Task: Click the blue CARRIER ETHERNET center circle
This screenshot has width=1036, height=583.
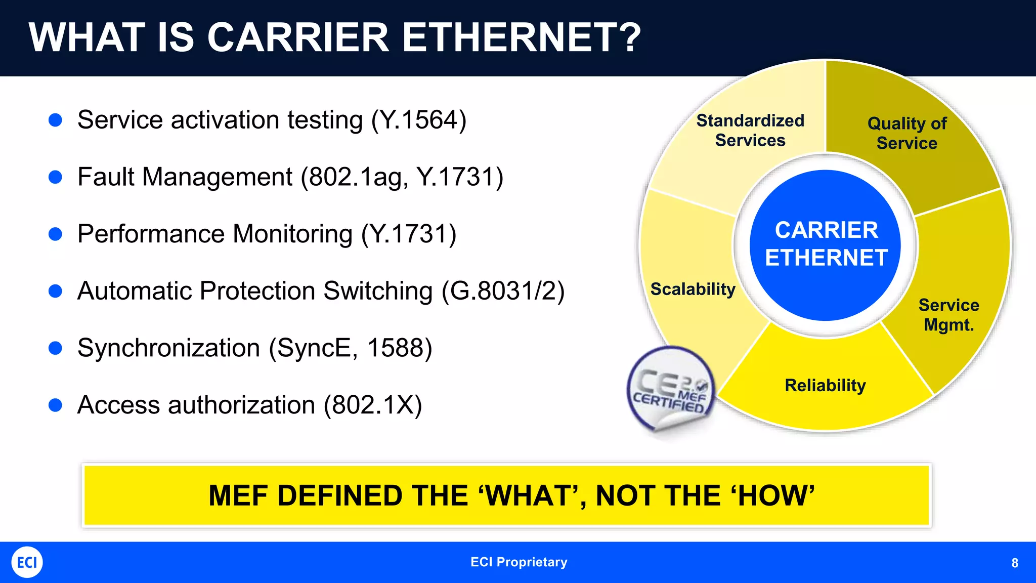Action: (x=826, y=245)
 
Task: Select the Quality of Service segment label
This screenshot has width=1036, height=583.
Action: (x=906, y=133)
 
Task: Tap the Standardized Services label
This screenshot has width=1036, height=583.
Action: (x=750, y=131)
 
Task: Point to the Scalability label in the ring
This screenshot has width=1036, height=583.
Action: (x=693, y=289)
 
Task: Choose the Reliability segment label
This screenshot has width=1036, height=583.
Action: (x=825, y=386)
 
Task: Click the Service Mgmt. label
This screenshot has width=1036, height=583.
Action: (x=948, y=315)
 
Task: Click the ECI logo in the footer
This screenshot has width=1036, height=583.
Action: (x=27, y=562)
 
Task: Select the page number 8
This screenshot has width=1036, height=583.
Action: (x=1014, y=563)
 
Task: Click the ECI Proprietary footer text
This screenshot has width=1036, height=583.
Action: (x=519, y=562)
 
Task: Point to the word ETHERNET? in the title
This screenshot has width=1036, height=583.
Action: (x=521, y=38)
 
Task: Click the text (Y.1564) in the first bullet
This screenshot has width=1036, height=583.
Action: (x=419, y=120)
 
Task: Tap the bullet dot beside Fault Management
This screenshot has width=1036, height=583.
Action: (x=55, y=177)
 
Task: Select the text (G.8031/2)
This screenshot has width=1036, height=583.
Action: (x=503, y=291)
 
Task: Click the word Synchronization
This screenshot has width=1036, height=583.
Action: (x=168, y=348)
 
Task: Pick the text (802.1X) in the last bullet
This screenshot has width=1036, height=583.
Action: (x=373, y=405)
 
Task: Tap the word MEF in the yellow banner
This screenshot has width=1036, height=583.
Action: (x=239, y=496)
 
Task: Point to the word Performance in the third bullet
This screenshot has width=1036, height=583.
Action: (x=151, y=234)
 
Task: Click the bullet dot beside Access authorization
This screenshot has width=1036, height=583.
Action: (x=55, y=405)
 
